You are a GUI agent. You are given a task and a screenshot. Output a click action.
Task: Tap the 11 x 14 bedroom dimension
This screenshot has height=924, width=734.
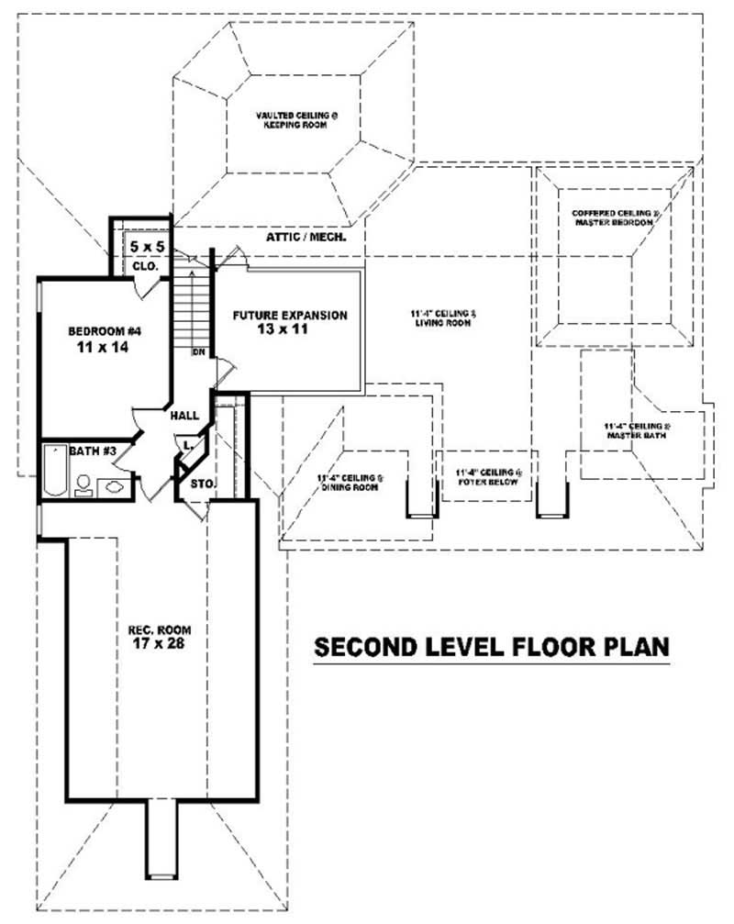tap(102, 349)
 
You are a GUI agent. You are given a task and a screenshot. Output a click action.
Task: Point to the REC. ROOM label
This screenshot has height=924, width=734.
tap(154, 630)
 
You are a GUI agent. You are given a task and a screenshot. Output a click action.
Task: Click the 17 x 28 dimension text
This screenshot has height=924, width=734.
tap(154, 647)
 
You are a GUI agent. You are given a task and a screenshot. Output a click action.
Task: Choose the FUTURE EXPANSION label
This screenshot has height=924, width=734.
tap(289, 315)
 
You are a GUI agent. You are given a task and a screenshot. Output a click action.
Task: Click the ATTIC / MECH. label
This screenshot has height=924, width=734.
tap(306, 238)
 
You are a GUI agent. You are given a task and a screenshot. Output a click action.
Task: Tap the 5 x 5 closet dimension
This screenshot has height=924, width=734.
tap(145, 247)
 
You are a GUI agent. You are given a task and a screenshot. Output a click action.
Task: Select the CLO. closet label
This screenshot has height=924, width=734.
tap(146, 266)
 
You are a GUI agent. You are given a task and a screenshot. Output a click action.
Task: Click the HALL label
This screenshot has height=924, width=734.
tap(184, 416)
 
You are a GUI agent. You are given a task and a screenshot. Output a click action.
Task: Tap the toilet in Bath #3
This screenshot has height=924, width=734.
tap(83, 484)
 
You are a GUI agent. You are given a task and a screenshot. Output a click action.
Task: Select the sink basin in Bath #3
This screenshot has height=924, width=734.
tap(116, 486)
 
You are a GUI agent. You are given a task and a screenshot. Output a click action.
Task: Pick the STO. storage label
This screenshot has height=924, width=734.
tap(201, 483)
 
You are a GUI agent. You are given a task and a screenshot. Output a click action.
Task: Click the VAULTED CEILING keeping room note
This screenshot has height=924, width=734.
tap(284, 120)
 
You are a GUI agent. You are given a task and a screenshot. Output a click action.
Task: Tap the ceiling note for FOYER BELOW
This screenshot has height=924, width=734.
tap(487, 475)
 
